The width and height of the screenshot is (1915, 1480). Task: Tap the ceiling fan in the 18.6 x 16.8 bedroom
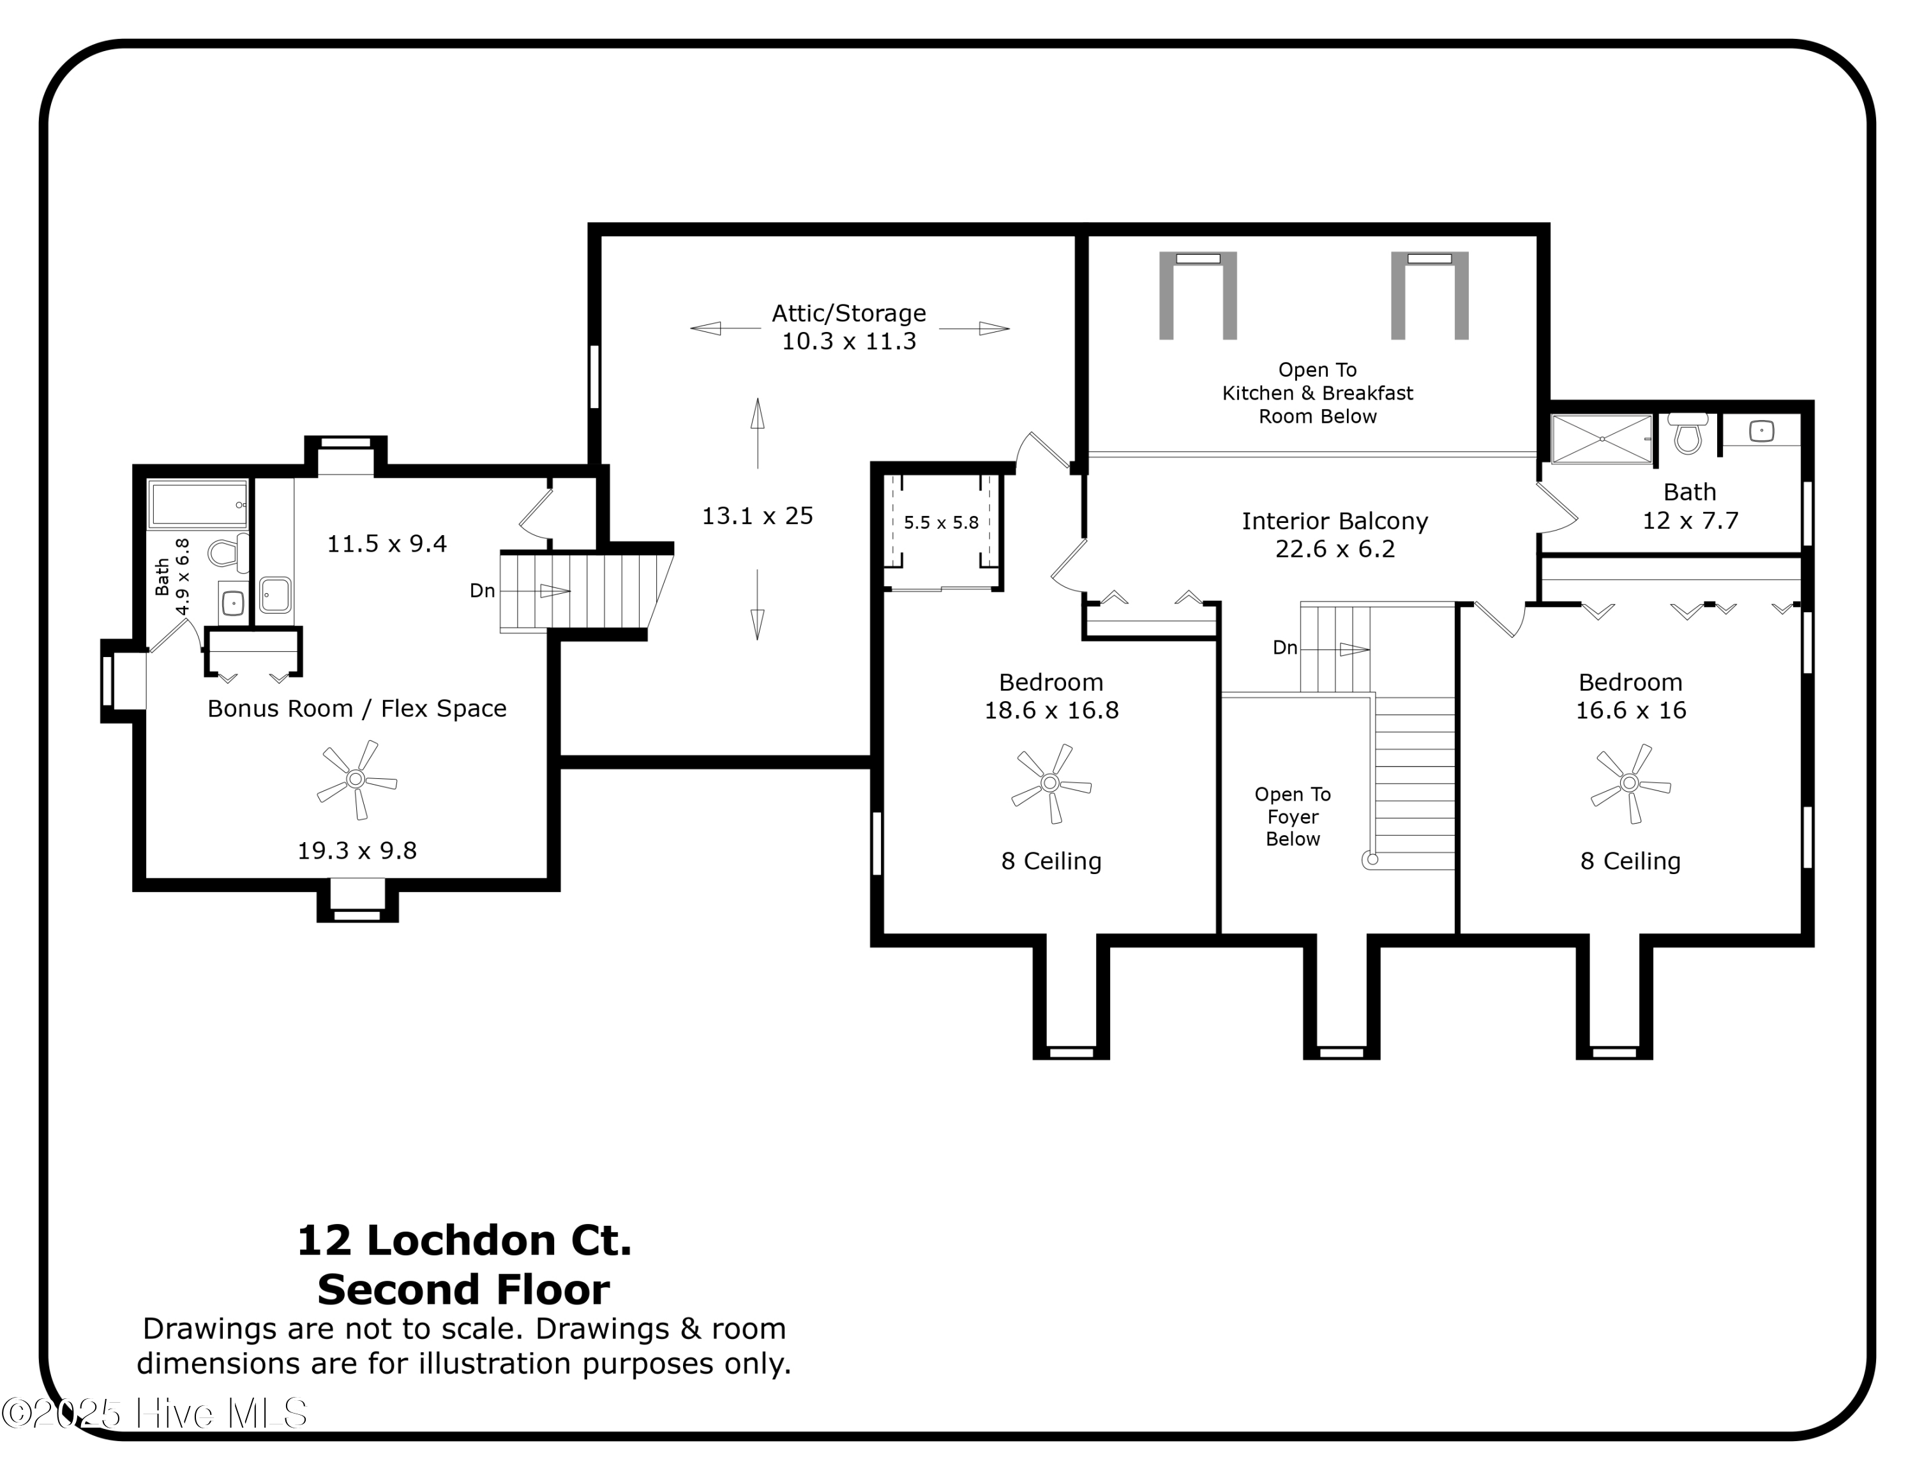point(1051,783)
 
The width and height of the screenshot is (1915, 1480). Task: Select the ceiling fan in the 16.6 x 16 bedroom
point(1630,783)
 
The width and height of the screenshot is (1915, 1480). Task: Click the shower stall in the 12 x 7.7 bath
point(1601,439)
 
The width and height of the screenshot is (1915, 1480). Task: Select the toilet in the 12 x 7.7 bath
point(1687,433)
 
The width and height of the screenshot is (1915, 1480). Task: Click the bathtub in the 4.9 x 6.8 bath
point(198,505)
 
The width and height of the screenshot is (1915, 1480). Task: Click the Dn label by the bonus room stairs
point(482,592)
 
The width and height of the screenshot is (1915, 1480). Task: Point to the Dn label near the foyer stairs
point(1284,649)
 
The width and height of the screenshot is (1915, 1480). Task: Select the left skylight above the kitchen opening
point(1198,294)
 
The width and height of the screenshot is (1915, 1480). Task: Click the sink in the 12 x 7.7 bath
point(1762,432)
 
